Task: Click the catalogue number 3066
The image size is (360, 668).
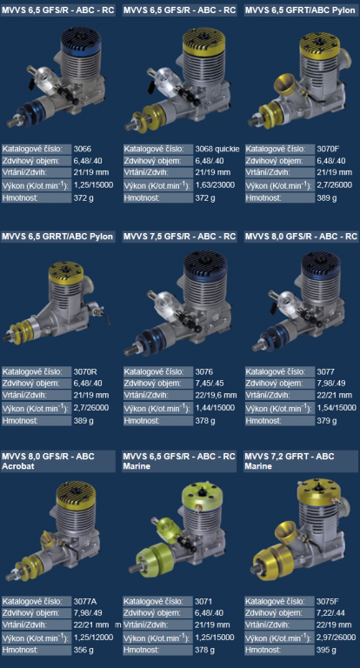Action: pyautogui.click(x=83, y=149)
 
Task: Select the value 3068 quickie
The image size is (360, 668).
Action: pyautogui.click(x=217, y=149)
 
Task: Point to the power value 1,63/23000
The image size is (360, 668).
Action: pyautogui.click(x=215, y=185)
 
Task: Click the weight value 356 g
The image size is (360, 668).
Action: pyautogui.click(x=83, y=650)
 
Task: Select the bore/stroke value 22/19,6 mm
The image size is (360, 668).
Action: pyautogui.click(x=216, y=395)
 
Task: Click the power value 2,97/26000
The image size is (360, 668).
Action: pyautogui.click(x=337, y=638)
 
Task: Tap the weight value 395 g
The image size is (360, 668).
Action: pyautogui.click(x=327, y=650)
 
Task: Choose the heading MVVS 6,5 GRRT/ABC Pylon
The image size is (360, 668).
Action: pyautogui.click(x=57, y=237)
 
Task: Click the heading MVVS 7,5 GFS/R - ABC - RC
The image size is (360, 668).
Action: pyautogui.click(x=179, y=237)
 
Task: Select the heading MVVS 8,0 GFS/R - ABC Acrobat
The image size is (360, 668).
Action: pyautogui.click(x=48, y=460)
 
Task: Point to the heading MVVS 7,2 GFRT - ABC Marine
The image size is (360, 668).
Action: pyautogui.click(x=290, y=460)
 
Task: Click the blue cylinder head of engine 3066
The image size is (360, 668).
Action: pyautogui.click(x=80, y=42)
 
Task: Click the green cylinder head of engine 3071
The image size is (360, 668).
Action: pyautogui.click(x=202, y=495)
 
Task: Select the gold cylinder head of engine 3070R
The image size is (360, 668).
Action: pyautogui.click(x=66, y=271)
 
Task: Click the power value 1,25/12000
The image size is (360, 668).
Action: pyautogui.click(x=93, y=638)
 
